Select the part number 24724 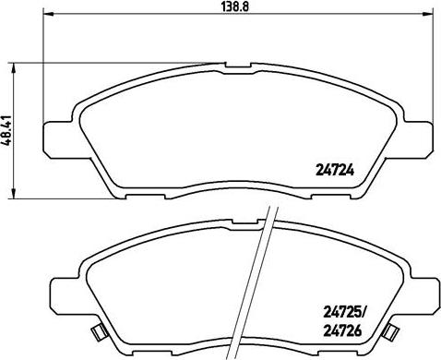point(338,169)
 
